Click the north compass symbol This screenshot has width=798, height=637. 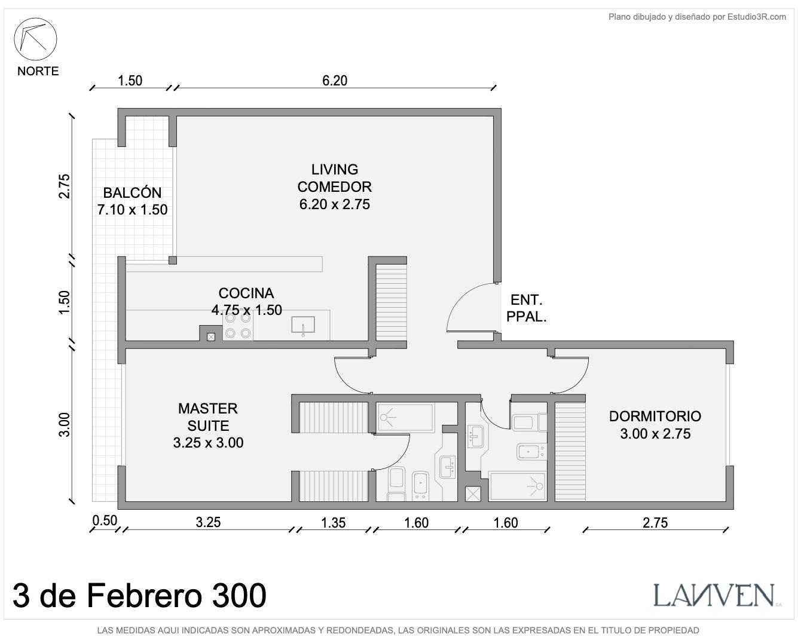[35, 39]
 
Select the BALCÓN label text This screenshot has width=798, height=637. [132, 193]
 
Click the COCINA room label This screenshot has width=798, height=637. [246, 293]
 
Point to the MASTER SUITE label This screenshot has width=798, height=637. [208, 417]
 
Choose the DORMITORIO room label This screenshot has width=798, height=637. [655, 416]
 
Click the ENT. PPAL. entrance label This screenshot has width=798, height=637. [526, 308]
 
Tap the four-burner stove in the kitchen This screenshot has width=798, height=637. [238, 326]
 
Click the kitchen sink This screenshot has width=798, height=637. [303, 325]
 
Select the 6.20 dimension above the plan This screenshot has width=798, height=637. [335, 81]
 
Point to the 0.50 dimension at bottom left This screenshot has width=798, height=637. [105, 520]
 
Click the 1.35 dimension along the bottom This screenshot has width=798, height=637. [333, 523]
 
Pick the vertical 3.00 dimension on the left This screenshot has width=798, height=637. [65, 424]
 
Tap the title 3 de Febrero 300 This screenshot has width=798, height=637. [139, 596]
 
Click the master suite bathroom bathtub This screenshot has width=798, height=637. [405, 418]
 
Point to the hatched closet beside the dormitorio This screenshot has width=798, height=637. [570, 452]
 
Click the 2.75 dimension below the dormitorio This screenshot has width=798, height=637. [655, 523]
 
